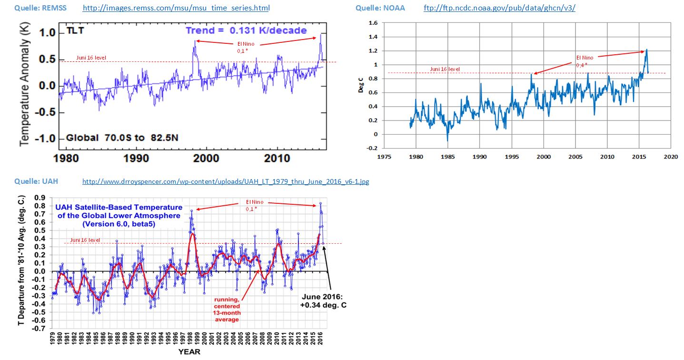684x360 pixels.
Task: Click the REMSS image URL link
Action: click(176, 9)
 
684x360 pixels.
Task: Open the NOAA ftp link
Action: click(499, 9)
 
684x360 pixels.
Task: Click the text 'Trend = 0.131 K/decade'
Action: click(246, 30)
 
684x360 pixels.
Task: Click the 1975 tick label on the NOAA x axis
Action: click(384, 156)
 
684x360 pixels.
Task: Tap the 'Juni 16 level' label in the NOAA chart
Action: click(445, 69)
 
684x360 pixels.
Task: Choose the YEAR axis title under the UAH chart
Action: click(189, 352)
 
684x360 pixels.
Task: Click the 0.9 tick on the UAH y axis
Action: click(42, 198)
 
